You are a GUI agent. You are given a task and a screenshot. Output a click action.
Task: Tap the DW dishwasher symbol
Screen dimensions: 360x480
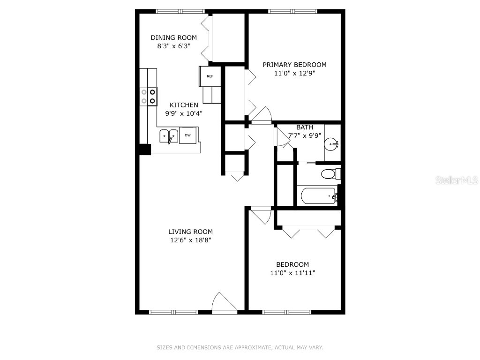(x=187, y=135)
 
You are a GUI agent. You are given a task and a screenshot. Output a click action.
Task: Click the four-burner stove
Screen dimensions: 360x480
(x=148, y=96)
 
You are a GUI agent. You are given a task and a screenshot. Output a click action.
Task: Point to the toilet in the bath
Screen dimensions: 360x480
(x=330, y=174)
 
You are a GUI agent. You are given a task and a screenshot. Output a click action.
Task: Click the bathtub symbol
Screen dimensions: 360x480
(x=319, y=195)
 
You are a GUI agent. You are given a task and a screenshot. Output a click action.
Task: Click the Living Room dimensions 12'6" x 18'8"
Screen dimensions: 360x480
(x=190, y=240)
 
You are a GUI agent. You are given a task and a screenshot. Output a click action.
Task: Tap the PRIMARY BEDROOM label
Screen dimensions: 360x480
(x=294, y=65)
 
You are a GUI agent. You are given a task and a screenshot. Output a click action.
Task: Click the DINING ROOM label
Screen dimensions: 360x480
(x=173, y=37)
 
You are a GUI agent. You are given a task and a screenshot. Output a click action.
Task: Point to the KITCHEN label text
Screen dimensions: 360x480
(x=184, y=105)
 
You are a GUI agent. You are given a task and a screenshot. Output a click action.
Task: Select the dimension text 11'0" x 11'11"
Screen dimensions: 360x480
(x=292, y=273)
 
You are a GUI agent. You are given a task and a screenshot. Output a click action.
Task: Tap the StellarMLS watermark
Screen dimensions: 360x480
(x=457, y=180)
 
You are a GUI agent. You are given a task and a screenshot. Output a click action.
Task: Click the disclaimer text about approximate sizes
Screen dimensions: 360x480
(x=240, y=347)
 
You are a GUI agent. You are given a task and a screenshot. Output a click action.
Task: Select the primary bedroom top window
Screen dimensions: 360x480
(x=292, y=11)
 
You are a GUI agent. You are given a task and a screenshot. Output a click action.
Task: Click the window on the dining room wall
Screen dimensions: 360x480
(x=180, y=11)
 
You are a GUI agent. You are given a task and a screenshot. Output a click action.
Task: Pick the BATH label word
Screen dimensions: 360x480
(x=304, y=127)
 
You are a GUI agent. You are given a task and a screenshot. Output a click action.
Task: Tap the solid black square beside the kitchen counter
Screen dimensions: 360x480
(x=144, y=149)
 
